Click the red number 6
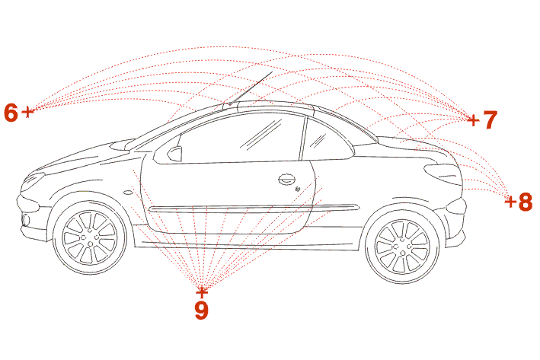click(x=11, y=113)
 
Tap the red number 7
click(x=490, y=119)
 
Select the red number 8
click(x=526, y=202)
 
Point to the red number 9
click(x=202, y=310)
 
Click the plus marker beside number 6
click(x=28, y=112)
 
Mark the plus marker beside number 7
click(x=474, y=120)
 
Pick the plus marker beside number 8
click(x=510, y=202)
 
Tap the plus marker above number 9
click(x=202, y=292)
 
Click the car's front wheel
click(x=90, y=237)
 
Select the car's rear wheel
click(x=402, y=245)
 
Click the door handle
click(x=287, y=180)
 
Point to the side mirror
click(x=175, y=154)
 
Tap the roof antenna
click(x=251, y=88)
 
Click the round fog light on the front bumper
click(x=26, y=220)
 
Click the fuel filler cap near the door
click(x=298, y=189)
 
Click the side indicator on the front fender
click(x=128, y=193)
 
